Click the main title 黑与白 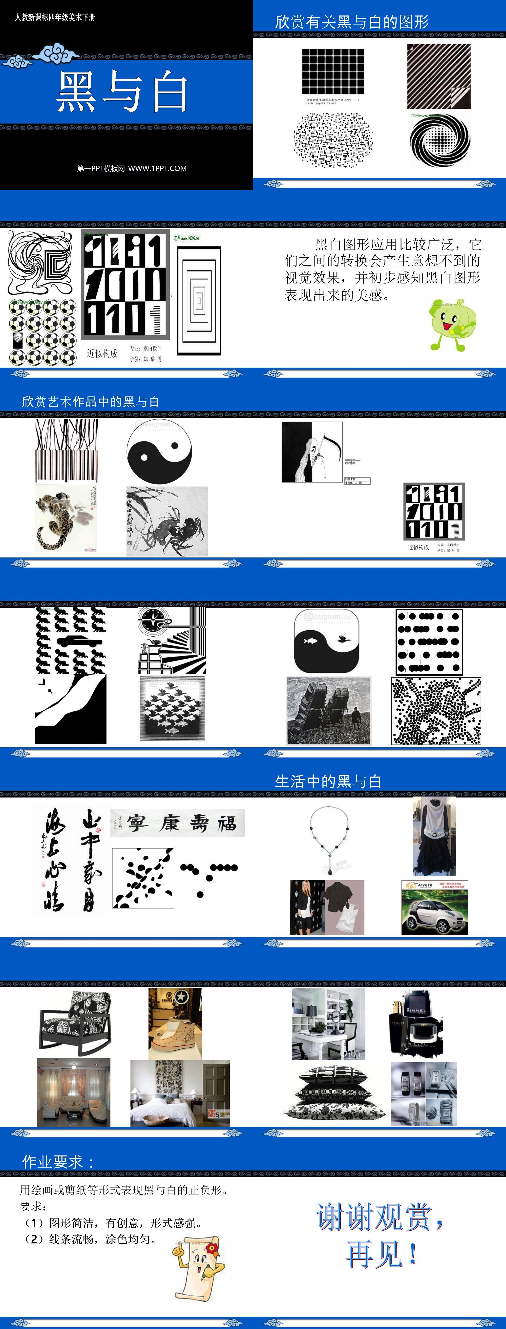tap(122, 92)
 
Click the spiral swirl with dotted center tap(440, 140)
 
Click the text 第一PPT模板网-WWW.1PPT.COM tap(131, 168)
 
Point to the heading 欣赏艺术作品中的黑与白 tap(90, 402)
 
